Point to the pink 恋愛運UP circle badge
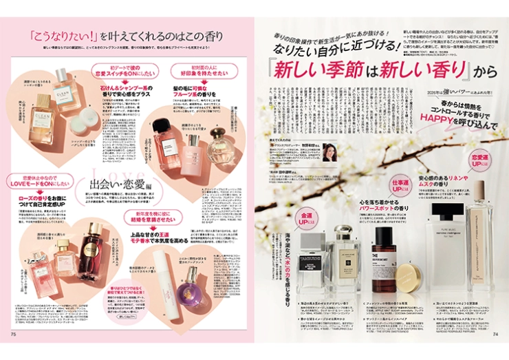479,161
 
